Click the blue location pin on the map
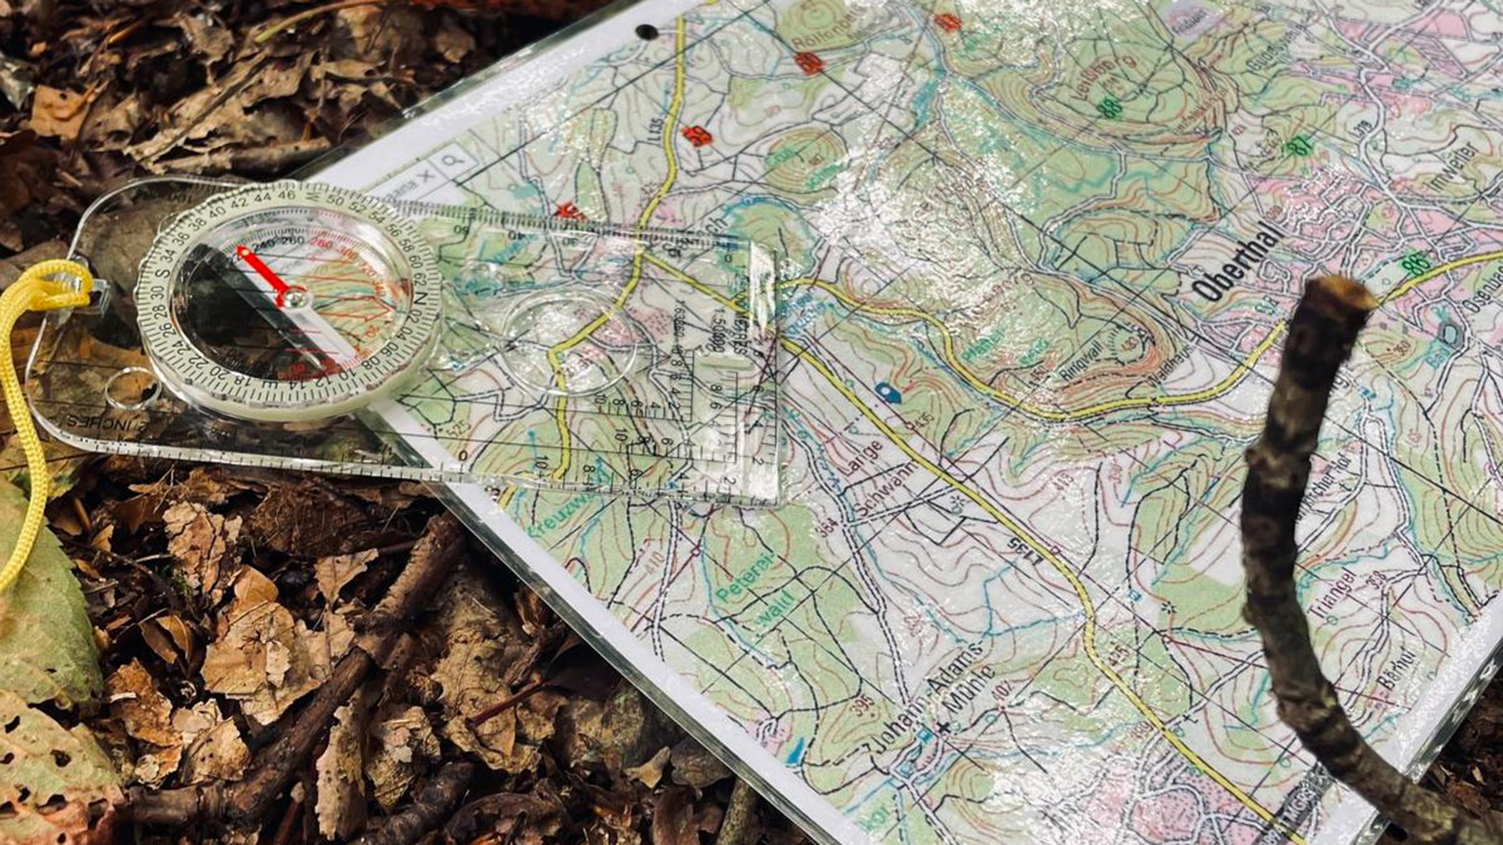click(887, 391)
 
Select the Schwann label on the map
click(885, 491)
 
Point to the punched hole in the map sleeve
click(647, 32)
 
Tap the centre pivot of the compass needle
click(294, 297)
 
